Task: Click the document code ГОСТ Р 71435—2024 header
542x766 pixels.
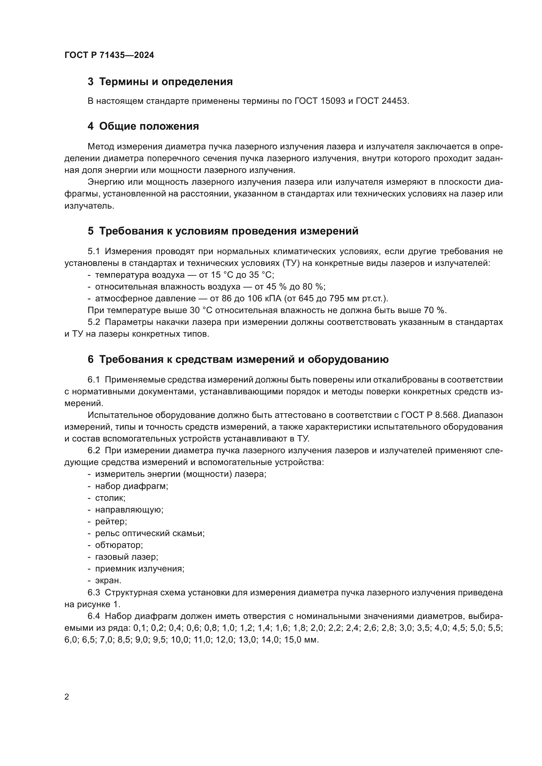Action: point(109,55)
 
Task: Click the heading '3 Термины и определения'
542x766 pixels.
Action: point(160,82)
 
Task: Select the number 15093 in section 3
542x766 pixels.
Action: point(333,101)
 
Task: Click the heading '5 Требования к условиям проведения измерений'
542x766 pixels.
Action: point(223,231)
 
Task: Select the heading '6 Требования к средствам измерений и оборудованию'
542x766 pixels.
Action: point(238,360)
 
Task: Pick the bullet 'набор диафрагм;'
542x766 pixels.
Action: point(131,486)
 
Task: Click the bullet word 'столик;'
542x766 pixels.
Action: point(110,498)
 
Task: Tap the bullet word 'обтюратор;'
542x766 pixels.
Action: point(119,546)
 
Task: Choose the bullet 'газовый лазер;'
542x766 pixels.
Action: point(126,557)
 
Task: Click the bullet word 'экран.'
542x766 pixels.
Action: point(108,581)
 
